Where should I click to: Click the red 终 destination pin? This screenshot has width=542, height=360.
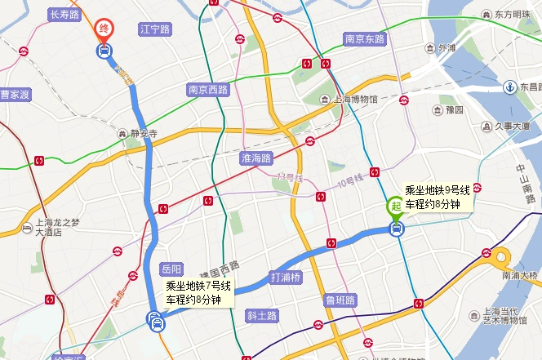click(x=104, y=29)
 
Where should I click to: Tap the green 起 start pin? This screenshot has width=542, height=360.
click(x=395, y=206)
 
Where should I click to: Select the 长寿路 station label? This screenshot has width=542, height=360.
click(x=64, y=14)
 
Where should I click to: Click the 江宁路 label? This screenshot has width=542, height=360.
click(x=154, y=29)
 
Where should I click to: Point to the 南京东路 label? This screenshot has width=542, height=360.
click(x=364, y=38)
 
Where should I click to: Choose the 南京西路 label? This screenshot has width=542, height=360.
click(x=207, y=90)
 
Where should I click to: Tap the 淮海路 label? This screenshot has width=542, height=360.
click(x=255, y=158)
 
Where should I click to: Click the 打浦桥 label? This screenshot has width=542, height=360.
click(x=286, y=277)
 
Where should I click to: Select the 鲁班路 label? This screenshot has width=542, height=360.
click(x=340, y=300)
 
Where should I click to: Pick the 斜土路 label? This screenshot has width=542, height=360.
click(x=262, y=315)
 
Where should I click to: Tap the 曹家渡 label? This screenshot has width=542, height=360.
click(x=15, y=95)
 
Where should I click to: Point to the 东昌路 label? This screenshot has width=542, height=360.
click(x=531, y=87)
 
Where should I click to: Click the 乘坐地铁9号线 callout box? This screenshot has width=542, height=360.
click(x=438, y=197)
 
